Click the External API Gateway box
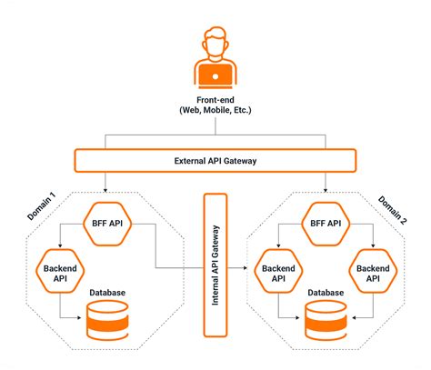tap(215, 162)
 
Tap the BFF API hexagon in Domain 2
tap(326, 223)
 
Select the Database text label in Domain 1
tap(108, 292)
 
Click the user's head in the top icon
tap(215, 44)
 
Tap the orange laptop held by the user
tap(215, 74)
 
